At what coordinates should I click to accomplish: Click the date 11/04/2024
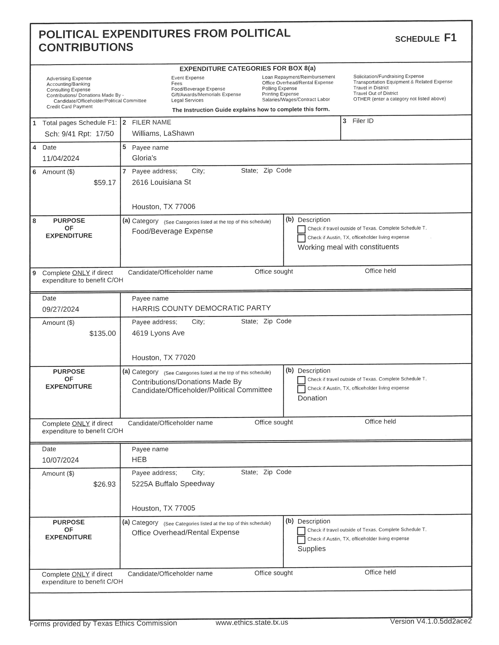[61, 158]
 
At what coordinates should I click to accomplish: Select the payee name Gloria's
[144, 158]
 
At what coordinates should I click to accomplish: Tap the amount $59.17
[105, 183]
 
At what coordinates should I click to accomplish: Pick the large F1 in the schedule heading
[450, 38]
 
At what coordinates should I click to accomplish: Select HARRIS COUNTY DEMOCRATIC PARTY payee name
[201, 308]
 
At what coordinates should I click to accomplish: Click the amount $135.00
[103, 333]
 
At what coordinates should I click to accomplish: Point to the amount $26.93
[104, 484]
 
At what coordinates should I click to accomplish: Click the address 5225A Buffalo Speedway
[173, 483]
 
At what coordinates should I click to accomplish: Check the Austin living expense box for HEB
[301, 540]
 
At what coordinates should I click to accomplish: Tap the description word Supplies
[311, 548]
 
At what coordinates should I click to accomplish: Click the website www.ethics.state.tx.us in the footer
[252, 622]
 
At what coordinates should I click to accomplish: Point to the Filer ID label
[363, 121]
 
